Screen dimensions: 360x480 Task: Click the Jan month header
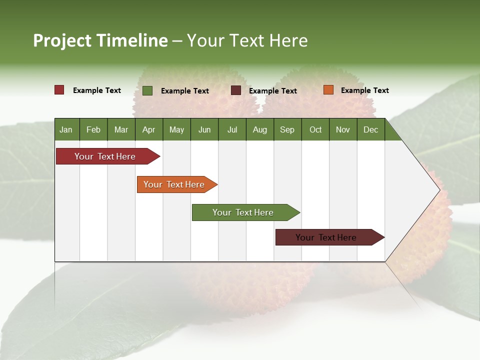pyautogui.click(x=66, y=130)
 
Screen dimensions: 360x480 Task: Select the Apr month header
pyautogui.click(x=148, y=130)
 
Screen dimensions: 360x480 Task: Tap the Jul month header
pyautogui.click(x=232, y=130)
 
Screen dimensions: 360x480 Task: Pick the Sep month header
pyautogui.click(x=287, y=130)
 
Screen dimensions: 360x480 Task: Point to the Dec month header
pyautogui.click(x=370, y=130)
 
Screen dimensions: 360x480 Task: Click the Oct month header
pyautogui.click(x=315, y=130)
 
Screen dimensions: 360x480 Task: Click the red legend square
pyautogui.click(x=59, y=90)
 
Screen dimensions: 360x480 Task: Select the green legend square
pyautogui.click(x=147, y=90)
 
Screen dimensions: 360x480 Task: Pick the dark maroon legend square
pyautogui.click(x=236, y=90)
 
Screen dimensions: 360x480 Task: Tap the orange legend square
pyautogui.click(x=328, y=90)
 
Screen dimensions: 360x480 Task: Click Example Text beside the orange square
pyautogui.click(x=364, y=90)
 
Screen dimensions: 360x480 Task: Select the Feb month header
pyautogui.click(x=93, y=130)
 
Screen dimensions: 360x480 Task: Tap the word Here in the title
pyautogui.click(x=288, y=40)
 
